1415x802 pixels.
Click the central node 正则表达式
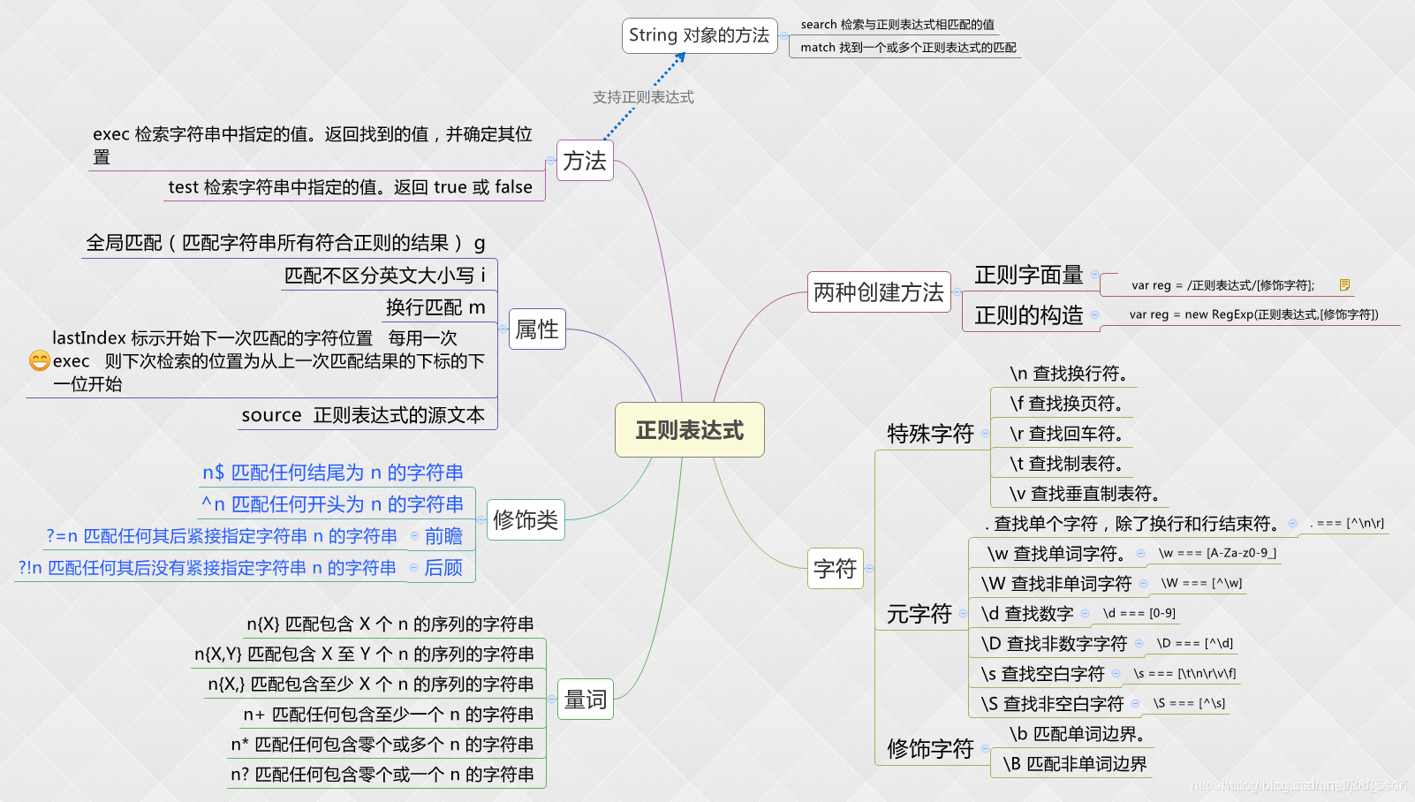(x=689, y=430)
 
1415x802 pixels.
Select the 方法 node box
(x=585, y=161)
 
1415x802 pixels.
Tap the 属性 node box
(x=537, y=329)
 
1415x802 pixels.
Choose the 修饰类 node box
(x=526, y=519)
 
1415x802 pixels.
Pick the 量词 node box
(x=585, y=700)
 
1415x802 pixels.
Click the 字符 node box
(x=835, y=568)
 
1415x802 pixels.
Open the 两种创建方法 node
(x=878, y=292)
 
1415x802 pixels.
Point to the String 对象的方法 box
(x=699, y=35)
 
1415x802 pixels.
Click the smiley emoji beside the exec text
(x=39, y=360)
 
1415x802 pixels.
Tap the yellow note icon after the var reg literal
(x=1344, y=284)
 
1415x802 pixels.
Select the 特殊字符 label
(x=930, y=434)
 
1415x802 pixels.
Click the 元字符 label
(x=919, y=614)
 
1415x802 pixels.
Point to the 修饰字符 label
(x=930, y=749)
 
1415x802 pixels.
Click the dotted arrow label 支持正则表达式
(x=643, y=97)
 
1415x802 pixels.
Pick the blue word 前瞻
(x=443, y=536)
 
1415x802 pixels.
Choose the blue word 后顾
(x=443, y=568)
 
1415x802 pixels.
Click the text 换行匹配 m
(x=435, y=307)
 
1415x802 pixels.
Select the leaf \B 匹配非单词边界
(x=1074, y=764)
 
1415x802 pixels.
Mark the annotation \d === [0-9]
(x=1139, y=613)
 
